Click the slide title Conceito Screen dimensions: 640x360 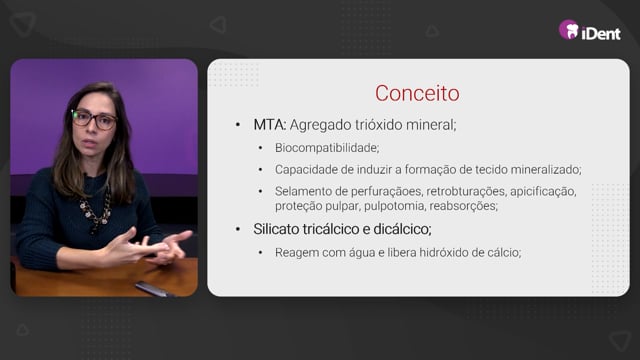[x=417, y=93]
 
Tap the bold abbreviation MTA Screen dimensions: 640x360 [x=270, y=124]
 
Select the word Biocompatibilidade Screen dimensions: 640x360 [x=327, y=148]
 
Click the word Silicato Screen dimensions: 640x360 [x=276, y=229]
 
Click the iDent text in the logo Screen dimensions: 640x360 [x=601, y=33]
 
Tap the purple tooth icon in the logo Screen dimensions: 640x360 [x=569, y=30]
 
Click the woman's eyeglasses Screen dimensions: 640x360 [x=94, y=120]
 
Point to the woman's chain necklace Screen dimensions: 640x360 [x=96, y=209]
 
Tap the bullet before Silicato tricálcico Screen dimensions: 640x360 [x=238, y=229]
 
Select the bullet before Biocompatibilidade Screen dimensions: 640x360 [x=260, y=148]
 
